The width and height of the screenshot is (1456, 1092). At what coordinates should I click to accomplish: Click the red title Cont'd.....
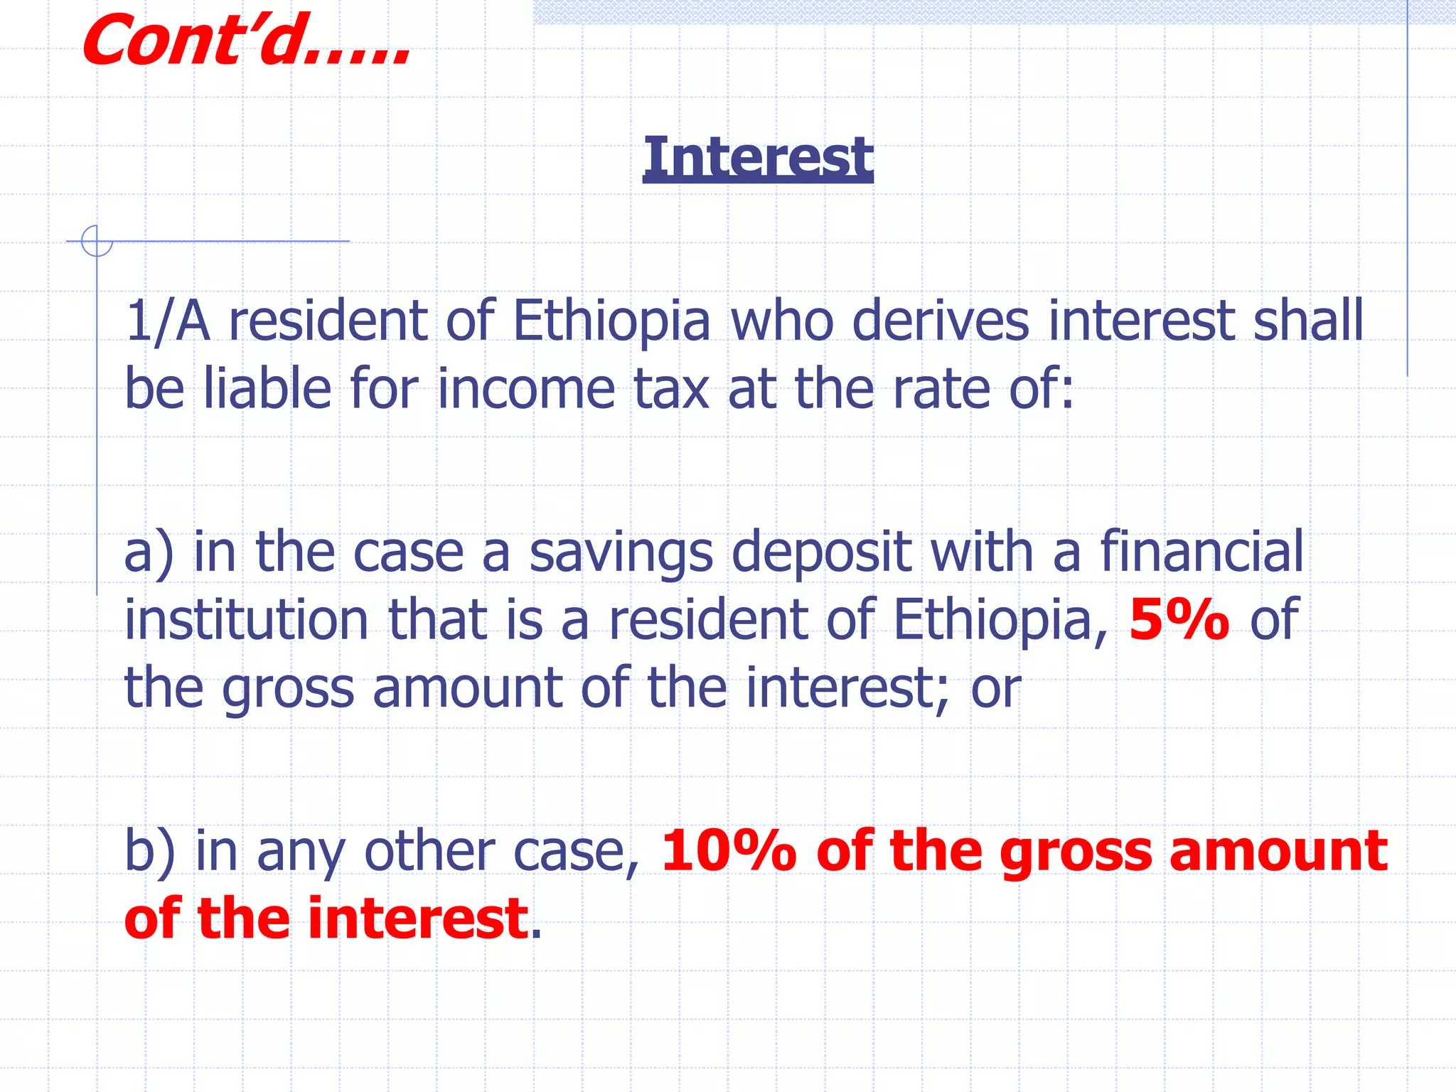[245, 41]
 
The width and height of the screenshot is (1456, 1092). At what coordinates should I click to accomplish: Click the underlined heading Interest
[758, 157]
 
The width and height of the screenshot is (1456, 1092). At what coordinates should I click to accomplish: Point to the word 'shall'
[1308, 321]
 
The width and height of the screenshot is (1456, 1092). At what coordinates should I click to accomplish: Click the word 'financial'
[1202, 551]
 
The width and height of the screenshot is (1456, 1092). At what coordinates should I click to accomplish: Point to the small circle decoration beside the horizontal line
[97, 241]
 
